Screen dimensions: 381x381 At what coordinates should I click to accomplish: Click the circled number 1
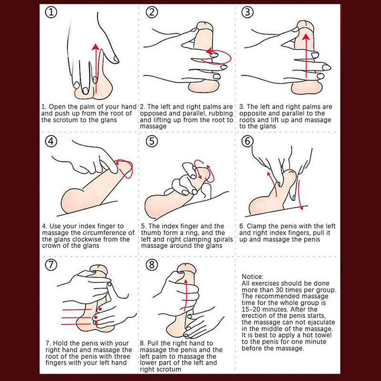click(x=51, y=12)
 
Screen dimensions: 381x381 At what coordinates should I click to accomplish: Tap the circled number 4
click(x=51, y=141)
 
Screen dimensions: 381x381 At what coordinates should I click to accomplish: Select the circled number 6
click(x=247, y=141)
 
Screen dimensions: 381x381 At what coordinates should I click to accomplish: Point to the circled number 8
click(x=151, y=265)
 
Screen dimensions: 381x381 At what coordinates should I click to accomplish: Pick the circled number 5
click(x=151, y=141)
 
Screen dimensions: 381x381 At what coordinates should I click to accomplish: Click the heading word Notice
click(x=252, y=277)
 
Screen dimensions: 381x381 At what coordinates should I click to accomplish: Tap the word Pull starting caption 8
click(x=153, y=343)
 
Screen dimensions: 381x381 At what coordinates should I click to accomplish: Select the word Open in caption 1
click(x=56, y=107)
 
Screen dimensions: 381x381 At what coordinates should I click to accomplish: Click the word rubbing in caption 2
click(x=221, y=113)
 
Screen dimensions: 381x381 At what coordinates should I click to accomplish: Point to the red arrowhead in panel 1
click(x=96, y=47)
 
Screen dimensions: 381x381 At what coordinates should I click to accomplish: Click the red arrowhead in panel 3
click(x=306, y=37)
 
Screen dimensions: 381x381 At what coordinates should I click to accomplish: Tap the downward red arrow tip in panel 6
click(x=302, y=207)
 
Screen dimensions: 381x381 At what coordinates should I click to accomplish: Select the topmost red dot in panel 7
click(x=100, y=309)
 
